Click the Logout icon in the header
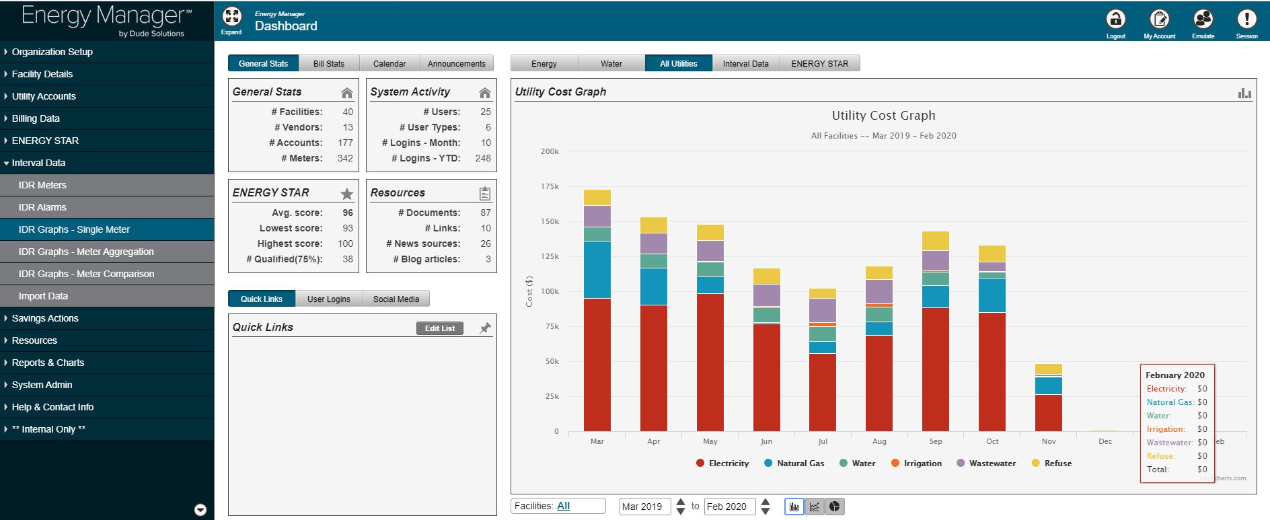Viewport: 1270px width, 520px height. pos(1115,20)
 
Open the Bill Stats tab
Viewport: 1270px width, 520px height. pos(328,63)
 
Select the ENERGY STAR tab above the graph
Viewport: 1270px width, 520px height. pos(819,63)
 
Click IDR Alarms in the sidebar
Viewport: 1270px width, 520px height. pos(42,207)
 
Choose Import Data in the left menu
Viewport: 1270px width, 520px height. pos(43,296)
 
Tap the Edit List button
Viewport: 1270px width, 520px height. pos(439,328)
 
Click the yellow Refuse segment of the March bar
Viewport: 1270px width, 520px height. pos(597,197)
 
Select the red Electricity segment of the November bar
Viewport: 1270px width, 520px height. pos(1048,412)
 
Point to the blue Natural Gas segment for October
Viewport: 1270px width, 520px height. pos(992,295)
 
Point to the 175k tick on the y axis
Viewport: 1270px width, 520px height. pos(550,186)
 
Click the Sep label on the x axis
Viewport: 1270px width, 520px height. pos(935,441)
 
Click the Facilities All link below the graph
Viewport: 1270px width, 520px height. pos(563,506)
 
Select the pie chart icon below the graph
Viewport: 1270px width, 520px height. pos(834,507)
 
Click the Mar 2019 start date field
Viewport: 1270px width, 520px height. pos(644,507)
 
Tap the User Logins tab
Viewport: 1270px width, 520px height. pos(328,299)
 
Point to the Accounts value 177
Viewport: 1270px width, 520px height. pos(345,143)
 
